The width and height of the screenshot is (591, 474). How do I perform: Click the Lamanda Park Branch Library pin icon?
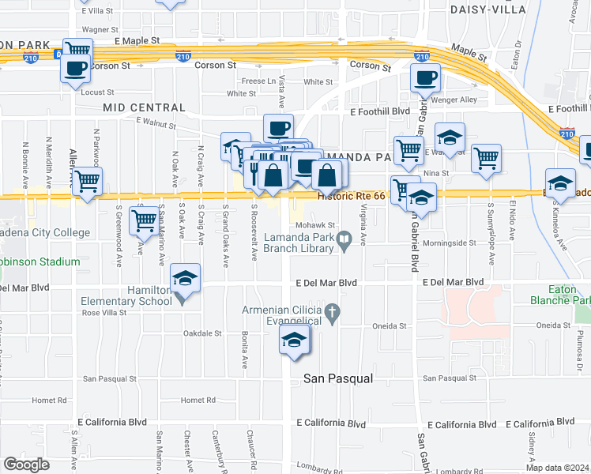tap(344, 239)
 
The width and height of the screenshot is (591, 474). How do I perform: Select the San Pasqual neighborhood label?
tap(338, 379)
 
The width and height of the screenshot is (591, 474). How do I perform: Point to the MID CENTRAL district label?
tap(143, 107)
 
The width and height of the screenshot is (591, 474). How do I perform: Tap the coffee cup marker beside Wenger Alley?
tap(425, 78)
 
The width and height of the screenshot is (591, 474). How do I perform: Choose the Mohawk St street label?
tap(321, 224)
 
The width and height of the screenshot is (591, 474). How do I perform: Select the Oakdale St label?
tap(203, 333)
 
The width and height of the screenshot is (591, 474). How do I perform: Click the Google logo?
tap(26, 465)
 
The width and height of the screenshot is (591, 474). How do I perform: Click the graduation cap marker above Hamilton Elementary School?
tap(185, 278)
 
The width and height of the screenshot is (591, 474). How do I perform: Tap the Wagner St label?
tap(100, 29)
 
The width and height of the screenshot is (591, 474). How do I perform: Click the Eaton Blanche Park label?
tap(563, 295)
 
